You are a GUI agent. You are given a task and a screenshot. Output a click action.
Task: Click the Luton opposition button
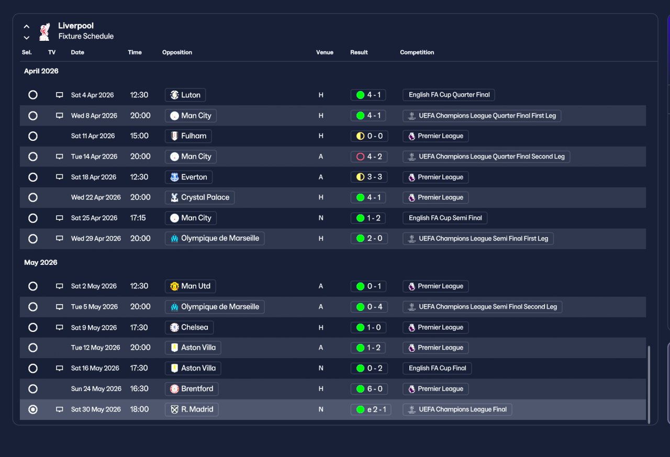pos(185,95)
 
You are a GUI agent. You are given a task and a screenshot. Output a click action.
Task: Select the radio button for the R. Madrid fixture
pos(33,409)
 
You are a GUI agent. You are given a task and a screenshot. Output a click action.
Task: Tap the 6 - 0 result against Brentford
pos(369,389)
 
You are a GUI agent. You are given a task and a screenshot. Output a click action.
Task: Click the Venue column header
pos(325,52)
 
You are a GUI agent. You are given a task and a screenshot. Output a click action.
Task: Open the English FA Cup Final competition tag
pos(437,368)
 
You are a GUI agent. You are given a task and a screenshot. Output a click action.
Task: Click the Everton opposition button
pos(188,177)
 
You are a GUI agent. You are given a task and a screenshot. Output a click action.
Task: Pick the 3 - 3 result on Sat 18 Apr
pos(369,177)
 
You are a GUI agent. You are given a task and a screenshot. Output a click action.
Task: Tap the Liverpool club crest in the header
pos(44,31)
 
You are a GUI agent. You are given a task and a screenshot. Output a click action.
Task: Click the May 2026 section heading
pos(41,262)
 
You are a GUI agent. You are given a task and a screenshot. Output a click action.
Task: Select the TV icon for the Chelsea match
pos(60,328)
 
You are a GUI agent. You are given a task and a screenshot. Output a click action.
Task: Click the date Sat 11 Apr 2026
pos(93,136)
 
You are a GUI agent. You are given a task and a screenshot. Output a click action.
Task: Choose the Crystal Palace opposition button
pos(199,197)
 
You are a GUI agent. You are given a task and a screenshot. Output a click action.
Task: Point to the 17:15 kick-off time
pos(138,218)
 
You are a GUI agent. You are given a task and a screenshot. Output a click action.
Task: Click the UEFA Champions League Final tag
pos(457,409)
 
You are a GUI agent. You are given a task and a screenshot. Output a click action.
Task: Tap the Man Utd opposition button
pos(190,286)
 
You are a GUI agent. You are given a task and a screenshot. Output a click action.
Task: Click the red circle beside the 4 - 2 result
pos(361,157)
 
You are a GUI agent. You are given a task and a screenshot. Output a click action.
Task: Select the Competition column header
pos(417,52)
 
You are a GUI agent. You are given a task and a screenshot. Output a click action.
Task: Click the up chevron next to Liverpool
pos(27,26)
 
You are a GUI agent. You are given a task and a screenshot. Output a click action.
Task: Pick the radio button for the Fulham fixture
pos(33,136)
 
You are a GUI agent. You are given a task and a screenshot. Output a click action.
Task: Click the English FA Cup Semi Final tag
pos(445,218)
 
